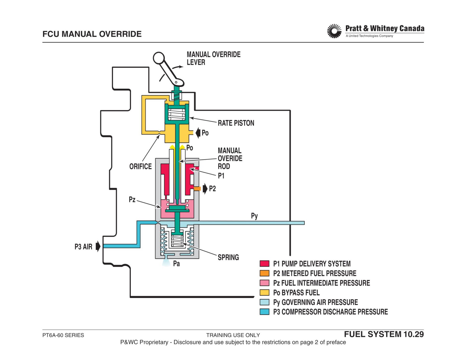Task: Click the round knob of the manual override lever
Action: coord(159,58)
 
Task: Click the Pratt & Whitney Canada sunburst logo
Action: coord(334,31)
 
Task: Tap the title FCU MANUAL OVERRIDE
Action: coord(92,34)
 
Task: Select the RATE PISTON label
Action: coord(236,123)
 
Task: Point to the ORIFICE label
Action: coord(140,166)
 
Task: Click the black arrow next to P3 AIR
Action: coord(98,246)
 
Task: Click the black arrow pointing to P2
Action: coord(205,189)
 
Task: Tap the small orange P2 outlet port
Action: coord(197,189)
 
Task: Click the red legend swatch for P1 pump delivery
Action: coord(264,263)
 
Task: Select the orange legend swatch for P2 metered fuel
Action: coord(264,273)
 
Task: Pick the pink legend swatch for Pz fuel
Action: coord(264,283)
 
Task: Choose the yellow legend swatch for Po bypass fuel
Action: coord(264,293)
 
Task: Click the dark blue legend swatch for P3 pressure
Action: coord(264,311)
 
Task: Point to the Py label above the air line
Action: coord(254,216)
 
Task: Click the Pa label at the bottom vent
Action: coord(177,263)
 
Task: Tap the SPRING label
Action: coord(228,257)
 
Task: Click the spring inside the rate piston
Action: coord(177,114)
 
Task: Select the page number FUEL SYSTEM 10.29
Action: coord(384,334)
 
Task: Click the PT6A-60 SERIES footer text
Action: coord(63,335)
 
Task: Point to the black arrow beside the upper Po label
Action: coord(198,133)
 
